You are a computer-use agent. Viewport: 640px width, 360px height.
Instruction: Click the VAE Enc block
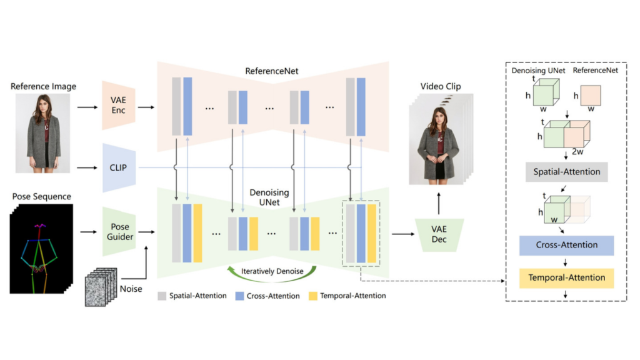point(118,107)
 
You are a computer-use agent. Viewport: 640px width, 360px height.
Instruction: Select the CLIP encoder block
point(118,167)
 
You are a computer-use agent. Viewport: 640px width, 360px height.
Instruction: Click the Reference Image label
point(43,86)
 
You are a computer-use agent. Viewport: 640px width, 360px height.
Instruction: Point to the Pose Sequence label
point(42,196)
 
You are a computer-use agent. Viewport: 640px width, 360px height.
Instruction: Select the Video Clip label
point(440,86)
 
